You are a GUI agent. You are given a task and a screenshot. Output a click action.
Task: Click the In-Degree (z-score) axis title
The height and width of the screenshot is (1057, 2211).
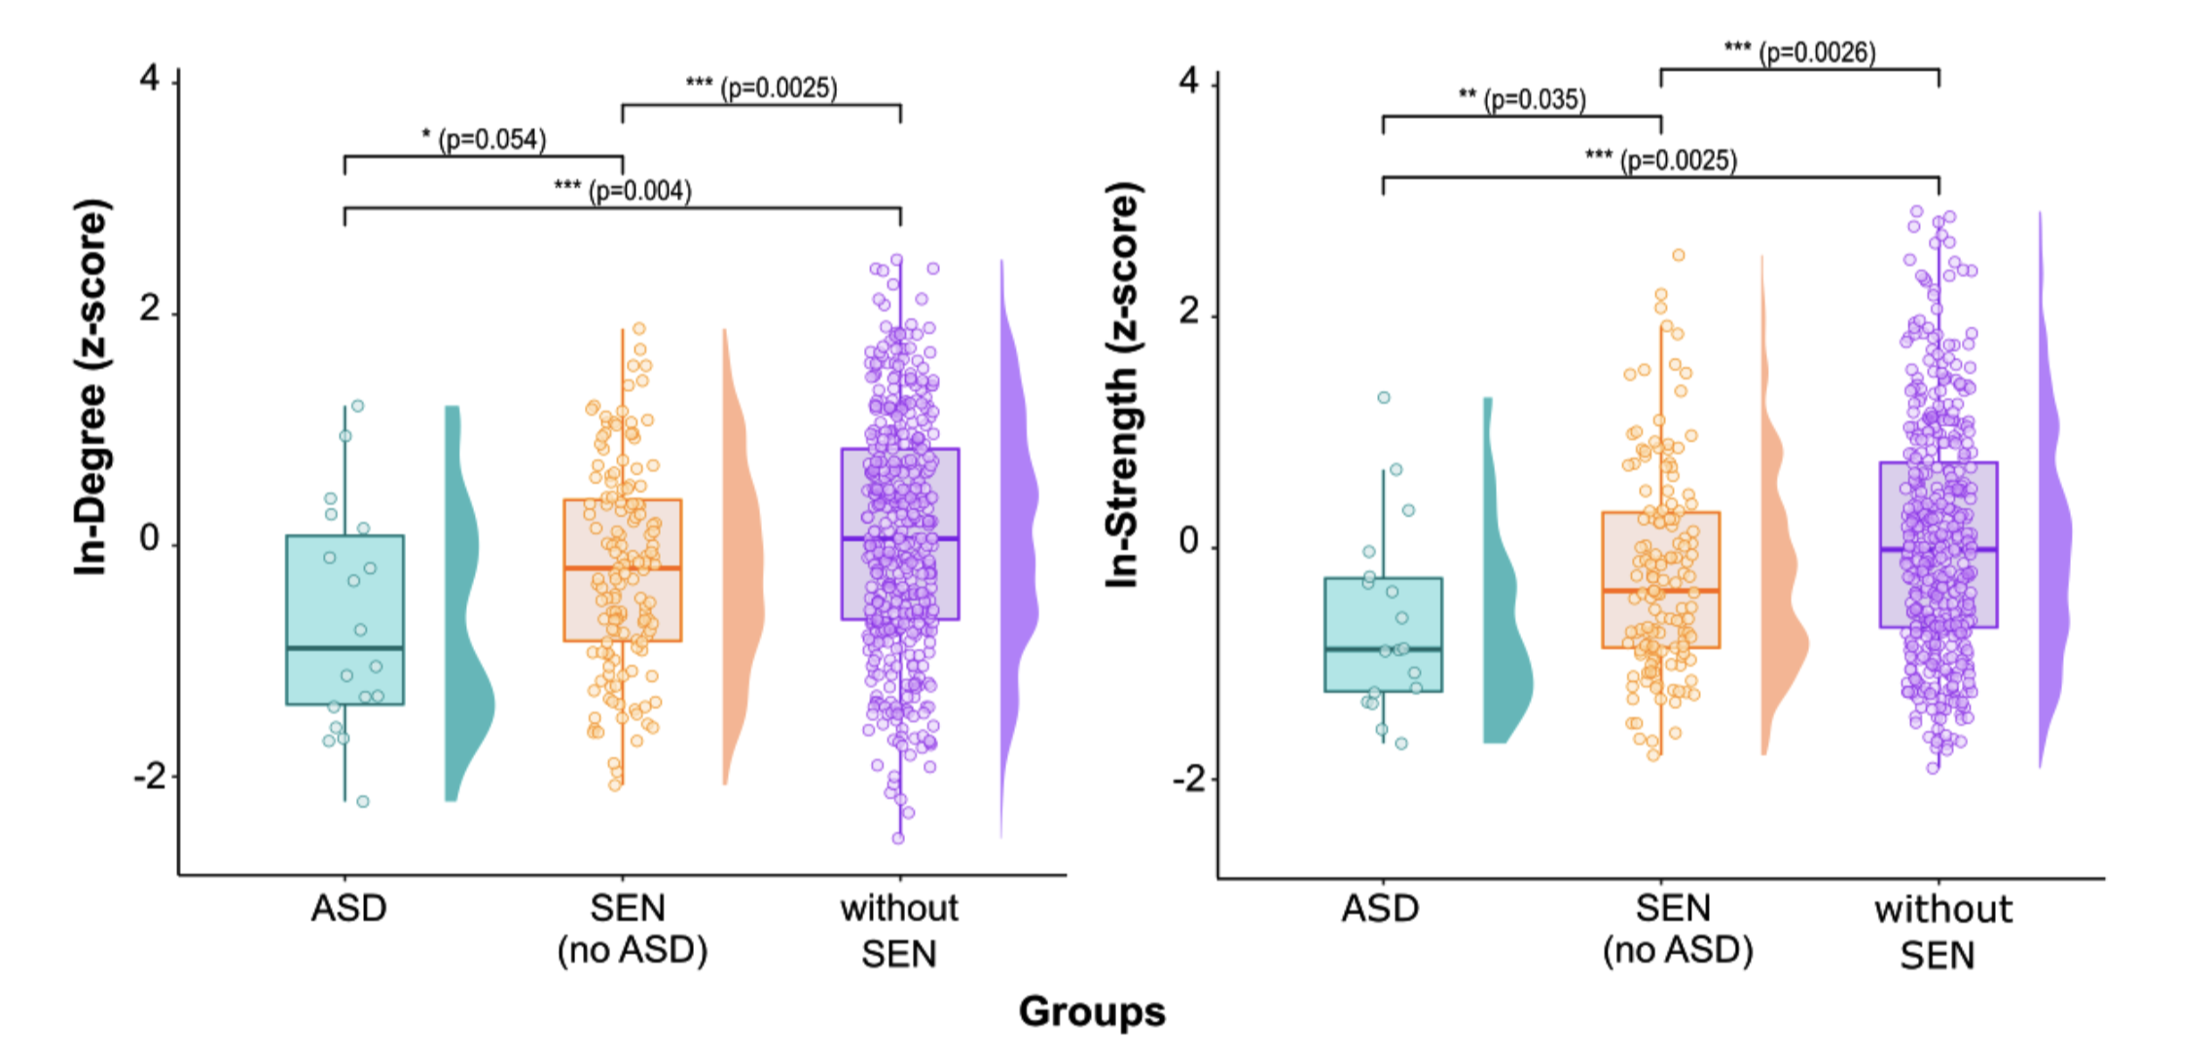pos(91,387)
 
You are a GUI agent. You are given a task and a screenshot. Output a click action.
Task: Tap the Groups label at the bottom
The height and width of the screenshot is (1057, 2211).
pos(1091,1011)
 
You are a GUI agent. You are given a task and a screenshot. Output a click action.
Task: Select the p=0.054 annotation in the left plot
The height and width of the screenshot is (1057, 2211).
pos(485,140)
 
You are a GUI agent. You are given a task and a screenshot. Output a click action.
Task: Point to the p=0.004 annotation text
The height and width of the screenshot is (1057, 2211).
pos(623,190)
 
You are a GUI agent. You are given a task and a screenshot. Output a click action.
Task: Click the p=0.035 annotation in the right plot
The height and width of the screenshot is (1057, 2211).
pos(1522,99)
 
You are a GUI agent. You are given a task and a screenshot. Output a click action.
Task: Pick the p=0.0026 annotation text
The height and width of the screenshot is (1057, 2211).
pos(1799,52)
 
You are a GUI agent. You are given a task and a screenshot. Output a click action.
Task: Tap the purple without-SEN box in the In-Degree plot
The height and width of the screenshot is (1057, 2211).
pos(900,487)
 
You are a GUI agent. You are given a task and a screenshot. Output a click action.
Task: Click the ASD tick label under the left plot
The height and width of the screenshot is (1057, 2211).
pos(348,908)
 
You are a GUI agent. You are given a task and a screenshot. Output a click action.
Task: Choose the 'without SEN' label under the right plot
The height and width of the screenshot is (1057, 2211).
pos(1942,931)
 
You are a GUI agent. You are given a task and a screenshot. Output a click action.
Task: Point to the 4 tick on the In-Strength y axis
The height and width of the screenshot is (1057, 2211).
pos(1188,82)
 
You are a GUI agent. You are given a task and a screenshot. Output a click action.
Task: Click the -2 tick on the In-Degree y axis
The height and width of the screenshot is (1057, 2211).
pos(149,777)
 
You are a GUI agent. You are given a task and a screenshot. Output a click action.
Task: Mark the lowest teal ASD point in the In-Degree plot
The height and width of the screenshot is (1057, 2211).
pos(363,802)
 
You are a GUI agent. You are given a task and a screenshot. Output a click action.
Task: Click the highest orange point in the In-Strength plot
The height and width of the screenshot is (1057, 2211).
pos(1678,255)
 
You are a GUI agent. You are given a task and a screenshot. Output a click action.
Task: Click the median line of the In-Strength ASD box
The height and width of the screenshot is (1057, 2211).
pos(1383,649)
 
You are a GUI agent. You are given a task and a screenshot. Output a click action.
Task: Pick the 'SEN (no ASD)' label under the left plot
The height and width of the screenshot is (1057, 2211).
pos(631,929)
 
